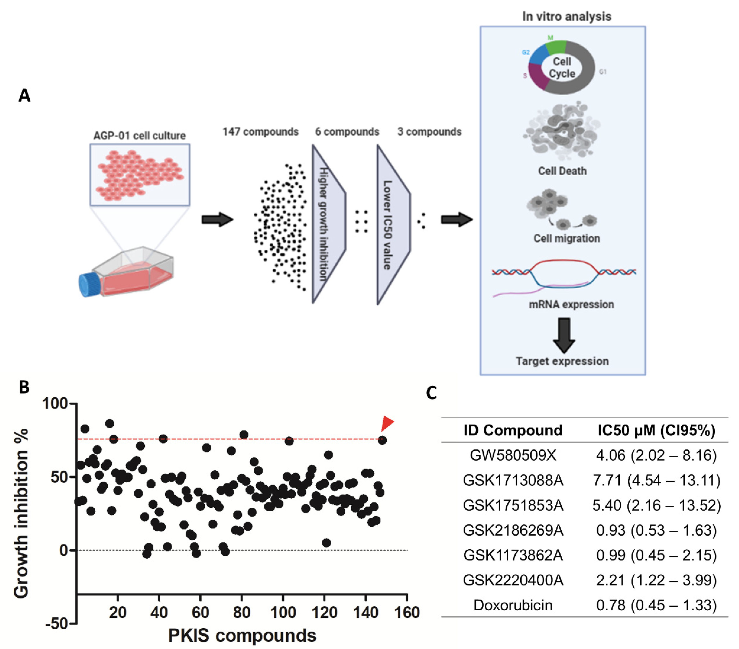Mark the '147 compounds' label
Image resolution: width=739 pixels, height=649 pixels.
coord(260,132)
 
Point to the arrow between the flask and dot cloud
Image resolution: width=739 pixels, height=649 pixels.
coord(217,219)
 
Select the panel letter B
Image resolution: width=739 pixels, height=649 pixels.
coord(24,387)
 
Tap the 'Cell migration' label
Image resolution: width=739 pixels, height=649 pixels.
coord(567,238)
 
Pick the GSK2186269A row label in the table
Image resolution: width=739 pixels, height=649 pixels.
coord(513,530)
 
